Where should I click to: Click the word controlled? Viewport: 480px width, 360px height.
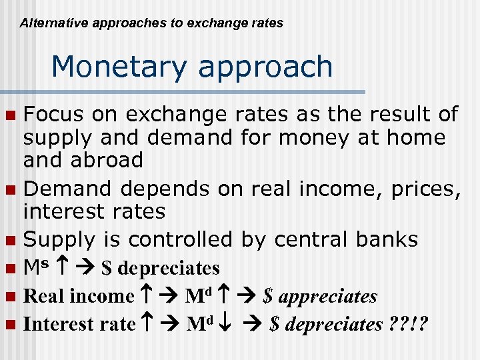[180, 239]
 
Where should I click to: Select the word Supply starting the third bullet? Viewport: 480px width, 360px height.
[64, 239]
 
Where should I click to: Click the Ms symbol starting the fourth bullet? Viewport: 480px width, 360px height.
[35, 267]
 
